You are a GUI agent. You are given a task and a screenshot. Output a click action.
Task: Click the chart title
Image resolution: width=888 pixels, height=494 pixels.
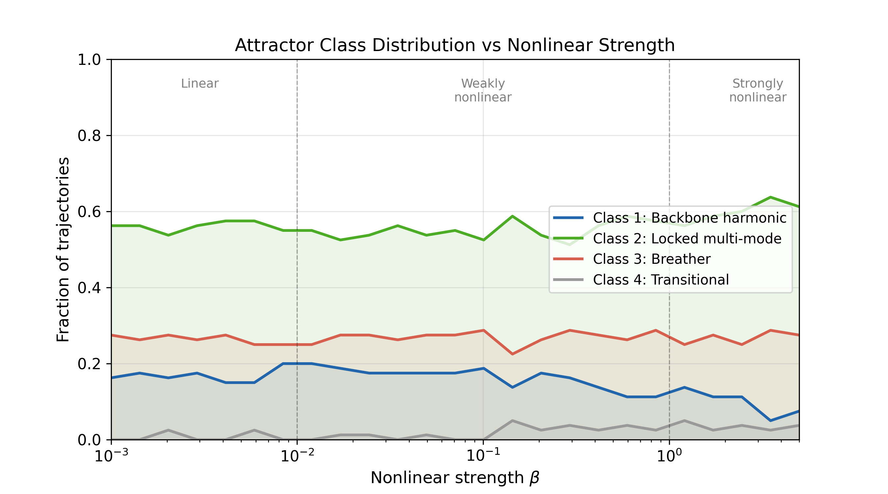(455, 45)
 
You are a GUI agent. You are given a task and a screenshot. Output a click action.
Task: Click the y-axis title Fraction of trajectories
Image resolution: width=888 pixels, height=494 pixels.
(63, 249)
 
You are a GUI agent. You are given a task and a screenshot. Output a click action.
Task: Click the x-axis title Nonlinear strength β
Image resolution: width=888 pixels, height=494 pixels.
(455, 478)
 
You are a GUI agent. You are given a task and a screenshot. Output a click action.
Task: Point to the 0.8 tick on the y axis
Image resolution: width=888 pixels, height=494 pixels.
(89, 136)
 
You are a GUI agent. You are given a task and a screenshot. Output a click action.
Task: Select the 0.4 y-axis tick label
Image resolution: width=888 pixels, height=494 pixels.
(89, 288)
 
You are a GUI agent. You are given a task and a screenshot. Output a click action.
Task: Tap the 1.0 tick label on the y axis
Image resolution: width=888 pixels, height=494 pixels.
(89, 60)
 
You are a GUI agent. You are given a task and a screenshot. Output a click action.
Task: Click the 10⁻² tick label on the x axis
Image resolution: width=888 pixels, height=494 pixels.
(297, 456)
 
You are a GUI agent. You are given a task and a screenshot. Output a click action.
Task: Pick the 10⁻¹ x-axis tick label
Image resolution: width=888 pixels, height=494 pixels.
(483, 456)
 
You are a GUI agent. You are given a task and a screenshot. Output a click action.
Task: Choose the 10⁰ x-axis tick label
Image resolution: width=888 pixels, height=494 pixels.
(669, 456)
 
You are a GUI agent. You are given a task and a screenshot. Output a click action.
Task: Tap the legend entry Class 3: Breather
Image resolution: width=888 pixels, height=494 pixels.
(652, 259)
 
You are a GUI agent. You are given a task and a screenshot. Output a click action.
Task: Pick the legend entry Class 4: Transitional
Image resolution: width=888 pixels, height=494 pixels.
(660, 280)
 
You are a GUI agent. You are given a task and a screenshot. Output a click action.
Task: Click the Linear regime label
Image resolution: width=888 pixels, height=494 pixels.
(200, 84)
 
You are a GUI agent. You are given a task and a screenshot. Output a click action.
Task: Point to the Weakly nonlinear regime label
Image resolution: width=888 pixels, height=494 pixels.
(482, 91)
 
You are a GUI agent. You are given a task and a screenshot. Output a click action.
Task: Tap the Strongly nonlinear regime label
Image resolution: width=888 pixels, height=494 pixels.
(757, 91)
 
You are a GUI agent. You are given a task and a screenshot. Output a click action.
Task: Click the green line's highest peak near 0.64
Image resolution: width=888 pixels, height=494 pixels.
(770, 197)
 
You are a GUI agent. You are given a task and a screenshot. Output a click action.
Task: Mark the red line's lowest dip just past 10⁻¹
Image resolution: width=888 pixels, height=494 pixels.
(512, 354)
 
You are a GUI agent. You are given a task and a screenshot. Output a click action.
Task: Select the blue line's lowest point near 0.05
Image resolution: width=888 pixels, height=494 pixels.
(770, 421)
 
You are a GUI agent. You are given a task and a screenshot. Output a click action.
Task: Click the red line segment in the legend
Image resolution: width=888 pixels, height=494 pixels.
(568, 259)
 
